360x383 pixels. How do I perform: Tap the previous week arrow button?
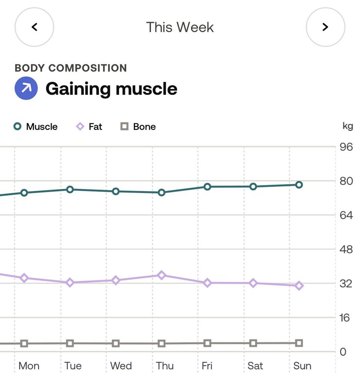point(34,27)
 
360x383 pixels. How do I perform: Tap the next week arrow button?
point(325,27)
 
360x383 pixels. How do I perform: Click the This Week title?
point(180,27)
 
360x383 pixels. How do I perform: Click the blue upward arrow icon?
point(26,88)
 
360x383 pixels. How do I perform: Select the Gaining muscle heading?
point(111,89)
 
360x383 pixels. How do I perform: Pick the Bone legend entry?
point(138,127)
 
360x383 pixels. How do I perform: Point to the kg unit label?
point(347,126)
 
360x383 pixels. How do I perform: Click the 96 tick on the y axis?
point(346,147)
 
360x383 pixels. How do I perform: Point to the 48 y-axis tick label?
point(346,249)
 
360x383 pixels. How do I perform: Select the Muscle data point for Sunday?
point(299,185)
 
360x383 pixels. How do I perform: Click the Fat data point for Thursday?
point(161,275)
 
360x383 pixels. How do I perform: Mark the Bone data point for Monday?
point(24,344)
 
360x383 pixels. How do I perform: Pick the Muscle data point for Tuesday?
point(70,189)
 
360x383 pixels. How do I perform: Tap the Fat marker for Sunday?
point(299,285)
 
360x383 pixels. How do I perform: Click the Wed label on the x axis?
point(121,366)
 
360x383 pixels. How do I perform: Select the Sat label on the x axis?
point(255,366)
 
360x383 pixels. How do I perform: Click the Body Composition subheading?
point(71,68)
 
